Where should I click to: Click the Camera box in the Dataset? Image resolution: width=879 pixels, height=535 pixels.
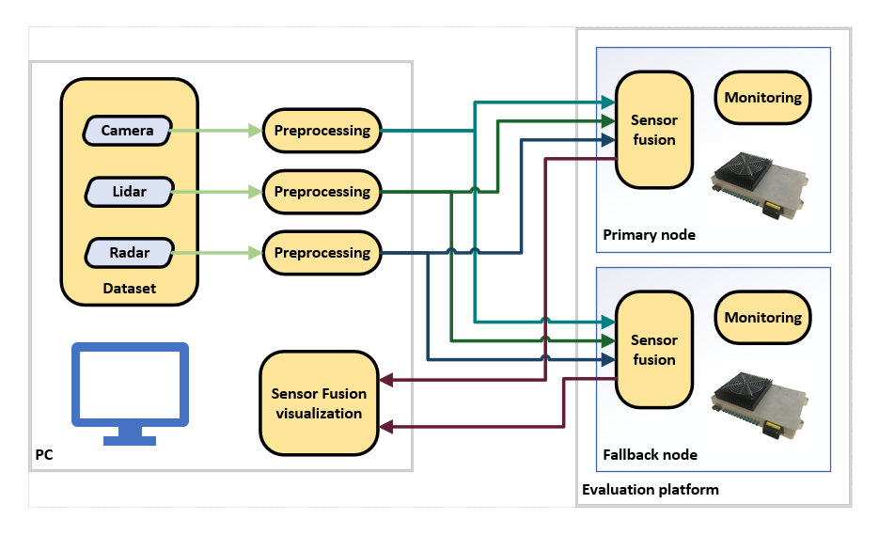point(127,131)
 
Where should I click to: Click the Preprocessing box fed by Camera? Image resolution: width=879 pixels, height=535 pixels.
point(322,131)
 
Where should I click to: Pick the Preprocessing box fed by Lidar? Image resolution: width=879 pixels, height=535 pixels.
point(322,192)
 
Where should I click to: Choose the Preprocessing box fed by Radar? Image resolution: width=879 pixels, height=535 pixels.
point(322,253)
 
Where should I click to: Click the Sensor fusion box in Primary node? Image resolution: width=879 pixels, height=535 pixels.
point(653,130)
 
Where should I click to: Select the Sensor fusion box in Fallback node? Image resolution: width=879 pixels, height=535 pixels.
point(653,350)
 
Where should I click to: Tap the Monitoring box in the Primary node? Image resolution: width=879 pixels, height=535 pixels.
point(762,97)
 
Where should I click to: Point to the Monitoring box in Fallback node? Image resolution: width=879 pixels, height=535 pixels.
point(762,317)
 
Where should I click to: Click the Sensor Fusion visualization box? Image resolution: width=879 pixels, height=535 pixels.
point(319,402)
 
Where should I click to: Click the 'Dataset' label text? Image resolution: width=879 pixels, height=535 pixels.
point(130,289)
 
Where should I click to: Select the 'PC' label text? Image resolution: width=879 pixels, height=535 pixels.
point(44,455)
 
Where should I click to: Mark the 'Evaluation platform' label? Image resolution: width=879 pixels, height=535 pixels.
point(650,489)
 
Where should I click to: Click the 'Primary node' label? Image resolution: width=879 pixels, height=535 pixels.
point(649,234)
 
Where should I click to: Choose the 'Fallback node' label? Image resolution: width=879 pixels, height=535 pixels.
point(650,454)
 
